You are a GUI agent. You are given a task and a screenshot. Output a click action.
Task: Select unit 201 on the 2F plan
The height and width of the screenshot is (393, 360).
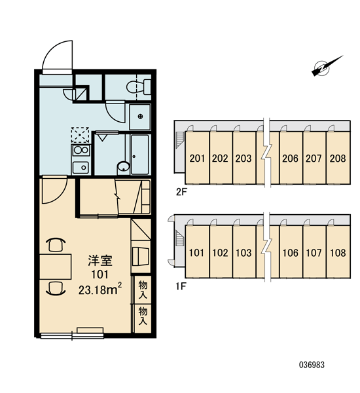[197, 158]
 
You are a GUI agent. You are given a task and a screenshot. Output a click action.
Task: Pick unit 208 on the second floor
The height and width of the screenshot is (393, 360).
[338, 158]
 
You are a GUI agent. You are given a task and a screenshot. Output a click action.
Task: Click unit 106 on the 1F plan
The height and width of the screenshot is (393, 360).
[291, 252]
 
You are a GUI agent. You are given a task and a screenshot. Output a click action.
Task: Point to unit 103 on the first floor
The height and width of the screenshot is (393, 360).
[244, 252]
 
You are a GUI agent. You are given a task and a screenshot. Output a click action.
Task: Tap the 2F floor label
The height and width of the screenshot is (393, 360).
[181, 192]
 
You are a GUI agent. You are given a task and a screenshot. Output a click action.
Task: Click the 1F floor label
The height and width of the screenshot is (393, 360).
[181, 286]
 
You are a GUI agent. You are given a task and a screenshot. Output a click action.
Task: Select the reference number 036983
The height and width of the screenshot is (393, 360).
[312, 365]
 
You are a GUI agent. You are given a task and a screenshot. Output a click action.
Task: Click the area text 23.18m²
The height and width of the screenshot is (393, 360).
[100, 290]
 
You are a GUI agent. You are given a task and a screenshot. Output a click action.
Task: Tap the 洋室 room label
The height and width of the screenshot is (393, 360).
[100, 261]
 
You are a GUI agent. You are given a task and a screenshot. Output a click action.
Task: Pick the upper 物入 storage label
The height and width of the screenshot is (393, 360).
[143, 290]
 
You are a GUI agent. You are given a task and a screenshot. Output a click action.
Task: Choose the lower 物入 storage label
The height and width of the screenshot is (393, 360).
[143, 316]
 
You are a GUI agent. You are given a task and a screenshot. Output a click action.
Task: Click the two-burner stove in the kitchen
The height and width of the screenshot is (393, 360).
[81, 150]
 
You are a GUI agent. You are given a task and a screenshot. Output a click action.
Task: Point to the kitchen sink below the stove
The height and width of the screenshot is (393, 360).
[81, 168]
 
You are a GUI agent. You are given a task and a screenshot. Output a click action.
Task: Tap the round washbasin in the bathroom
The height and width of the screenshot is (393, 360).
[123, 167]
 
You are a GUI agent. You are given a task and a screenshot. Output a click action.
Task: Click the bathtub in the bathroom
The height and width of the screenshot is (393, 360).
[140, 155]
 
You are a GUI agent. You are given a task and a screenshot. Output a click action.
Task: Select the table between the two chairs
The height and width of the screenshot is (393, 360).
[56, 267]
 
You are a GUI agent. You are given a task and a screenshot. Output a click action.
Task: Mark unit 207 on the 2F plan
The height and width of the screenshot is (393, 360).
[314, 158]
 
